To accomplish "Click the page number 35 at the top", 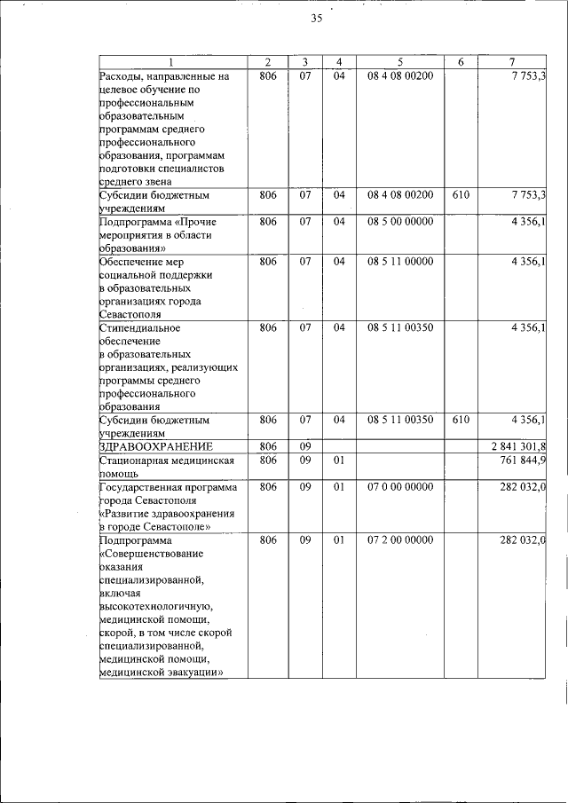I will [x=316, y=20].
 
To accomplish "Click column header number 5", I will [x=400, y=61].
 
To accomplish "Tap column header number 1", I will [x=172, y=61].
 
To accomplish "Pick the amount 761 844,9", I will [x=523, y=461].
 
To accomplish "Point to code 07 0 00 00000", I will [x=400, y=487].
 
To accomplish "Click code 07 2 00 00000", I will [x=400, y=539].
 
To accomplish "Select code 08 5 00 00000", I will [x=400, y=221].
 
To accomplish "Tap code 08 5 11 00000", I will [x=400, y=262].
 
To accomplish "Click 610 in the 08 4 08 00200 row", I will [x=461, y=194].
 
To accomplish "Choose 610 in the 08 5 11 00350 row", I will [x=461, y=420].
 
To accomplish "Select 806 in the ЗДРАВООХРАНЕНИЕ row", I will [x=268, y=445].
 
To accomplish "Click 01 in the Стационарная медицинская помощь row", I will [x=338, y=461].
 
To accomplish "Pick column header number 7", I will [x=512, y=61].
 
